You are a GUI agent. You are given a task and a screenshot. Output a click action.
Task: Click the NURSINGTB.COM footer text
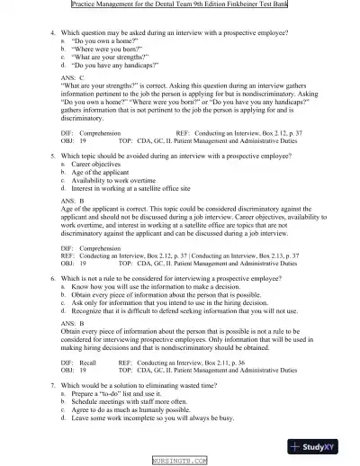click(x=179, y=461)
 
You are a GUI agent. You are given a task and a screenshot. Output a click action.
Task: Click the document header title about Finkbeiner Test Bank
click(x=180, y=5)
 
